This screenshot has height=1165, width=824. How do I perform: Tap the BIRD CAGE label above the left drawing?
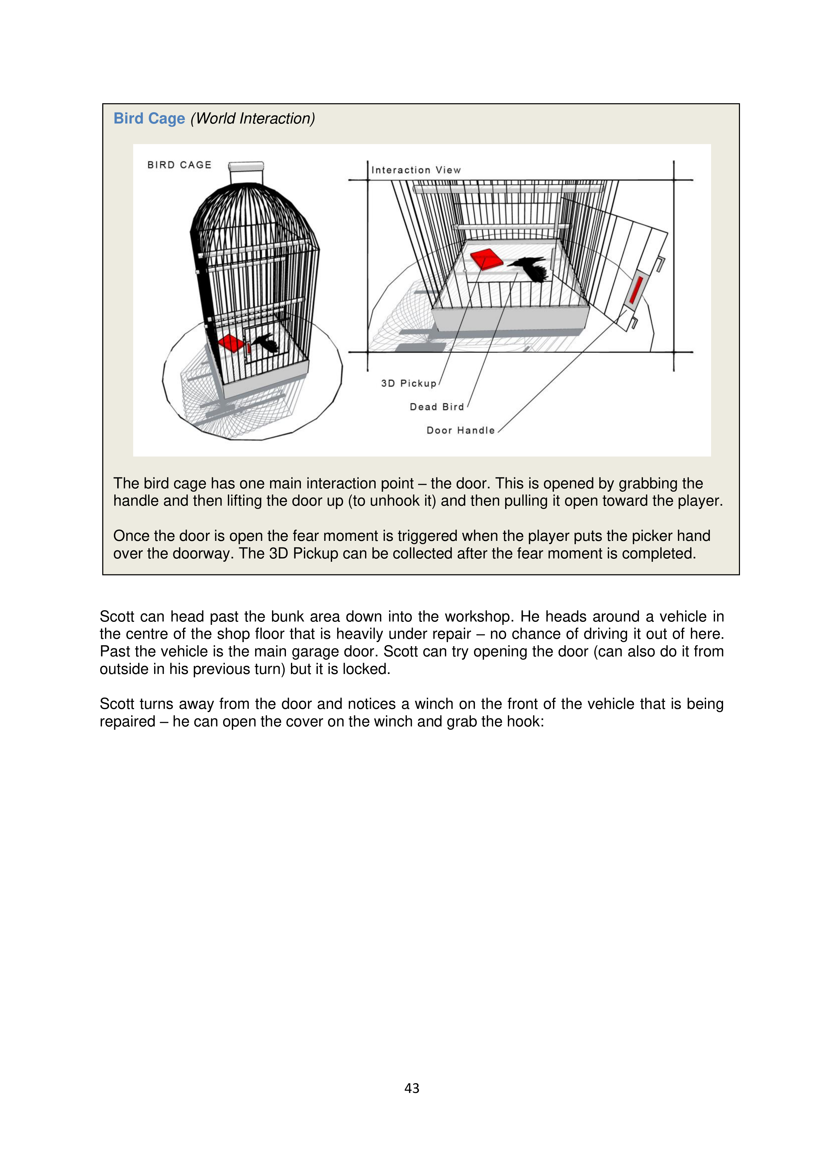click(x=179, y=165)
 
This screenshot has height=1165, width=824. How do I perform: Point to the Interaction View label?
click(x=416, y=170)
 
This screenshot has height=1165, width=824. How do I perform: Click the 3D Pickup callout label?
click(x=409, y=383)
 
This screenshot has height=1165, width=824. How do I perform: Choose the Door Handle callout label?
click(x=460, y=430)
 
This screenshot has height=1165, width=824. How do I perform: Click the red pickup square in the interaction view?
click(x=486, y=259)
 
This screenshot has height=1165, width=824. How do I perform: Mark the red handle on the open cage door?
click(x=636, y=290)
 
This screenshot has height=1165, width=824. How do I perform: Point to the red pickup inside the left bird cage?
click(x=231, y=343)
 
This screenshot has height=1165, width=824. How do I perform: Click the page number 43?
click(x=412, y=1088)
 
